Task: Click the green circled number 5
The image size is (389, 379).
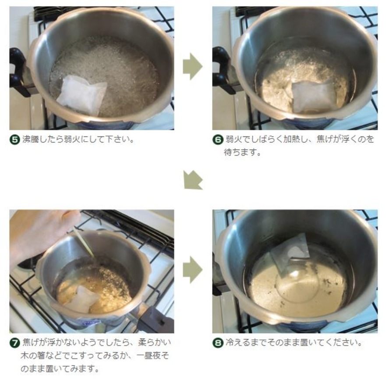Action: click(14, 140)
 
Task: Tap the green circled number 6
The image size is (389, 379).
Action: click(218, 140)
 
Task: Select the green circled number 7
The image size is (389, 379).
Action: click(14, 343)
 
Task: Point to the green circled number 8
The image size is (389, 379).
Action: click(218, 343)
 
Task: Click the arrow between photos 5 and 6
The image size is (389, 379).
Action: click(193, 66)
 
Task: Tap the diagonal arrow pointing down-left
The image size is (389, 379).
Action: click(193, 180)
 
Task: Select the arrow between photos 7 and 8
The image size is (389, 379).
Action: click(193, 270)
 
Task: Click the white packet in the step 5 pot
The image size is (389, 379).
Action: click(81, 95)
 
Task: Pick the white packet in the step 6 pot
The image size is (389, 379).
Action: click(313, 97)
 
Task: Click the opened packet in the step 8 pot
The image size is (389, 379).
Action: click(291, 254)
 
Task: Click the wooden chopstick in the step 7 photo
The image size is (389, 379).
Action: click(85, 243)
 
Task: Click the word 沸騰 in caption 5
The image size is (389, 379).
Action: click(31, 139)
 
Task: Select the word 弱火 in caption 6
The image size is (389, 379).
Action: click(233, 139)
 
